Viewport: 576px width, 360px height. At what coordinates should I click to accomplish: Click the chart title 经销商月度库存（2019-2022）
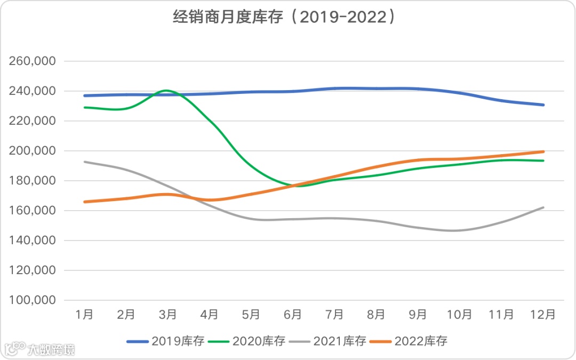tap(285, 18)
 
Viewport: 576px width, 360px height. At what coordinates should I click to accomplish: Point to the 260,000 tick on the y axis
tap(33, 61)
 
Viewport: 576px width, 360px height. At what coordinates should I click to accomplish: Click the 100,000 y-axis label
tap(33, 300)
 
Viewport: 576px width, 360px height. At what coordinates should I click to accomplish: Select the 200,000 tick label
tap(33, 151)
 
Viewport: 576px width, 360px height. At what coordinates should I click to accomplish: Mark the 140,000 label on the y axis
tap(33, 241)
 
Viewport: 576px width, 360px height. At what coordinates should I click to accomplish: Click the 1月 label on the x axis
tap(84, 315)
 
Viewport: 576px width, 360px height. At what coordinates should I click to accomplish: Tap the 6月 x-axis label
tap(293, 315)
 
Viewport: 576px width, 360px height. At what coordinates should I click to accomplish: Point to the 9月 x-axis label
tap(418, 315)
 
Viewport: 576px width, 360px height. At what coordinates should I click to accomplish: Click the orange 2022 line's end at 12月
tap(543, 151)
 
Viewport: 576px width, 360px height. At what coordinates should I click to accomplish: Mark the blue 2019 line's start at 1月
tap(84, 95)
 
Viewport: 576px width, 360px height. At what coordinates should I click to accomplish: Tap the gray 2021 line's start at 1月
tap(84, 162)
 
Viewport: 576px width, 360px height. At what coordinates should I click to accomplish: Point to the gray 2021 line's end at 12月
tap(543, 207)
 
